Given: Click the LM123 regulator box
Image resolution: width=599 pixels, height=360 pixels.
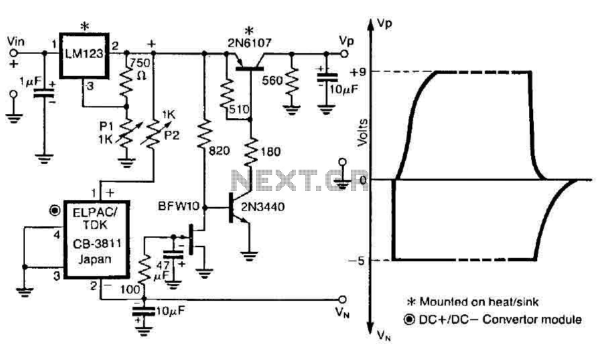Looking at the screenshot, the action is tap(84, 53).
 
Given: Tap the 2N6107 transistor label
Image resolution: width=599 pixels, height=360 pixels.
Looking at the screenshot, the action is tap(250, 43).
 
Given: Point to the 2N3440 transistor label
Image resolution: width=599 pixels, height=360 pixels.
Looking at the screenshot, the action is tap(263, 207).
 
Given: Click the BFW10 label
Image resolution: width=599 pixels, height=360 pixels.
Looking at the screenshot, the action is tap(179, 206).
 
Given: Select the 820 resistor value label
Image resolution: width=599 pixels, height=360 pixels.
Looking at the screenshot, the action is tap(220, 151).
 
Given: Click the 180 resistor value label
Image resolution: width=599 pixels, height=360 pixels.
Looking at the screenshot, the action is tap(271, 152).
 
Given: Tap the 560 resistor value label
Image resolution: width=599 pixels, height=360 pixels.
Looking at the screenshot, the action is tap(273, 80).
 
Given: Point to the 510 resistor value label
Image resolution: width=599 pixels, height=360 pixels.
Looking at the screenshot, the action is tap(239, 109).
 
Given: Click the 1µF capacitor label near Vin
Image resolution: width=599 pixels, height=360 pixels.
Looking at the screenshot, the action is tap(30, 81).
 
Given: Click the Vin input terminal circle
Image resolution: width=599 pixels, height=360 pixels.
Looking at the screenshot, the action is tap(13, 53).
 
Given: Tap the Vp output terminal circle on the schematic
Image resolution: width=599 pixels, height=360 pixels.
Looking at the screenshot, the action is tap(344, 54).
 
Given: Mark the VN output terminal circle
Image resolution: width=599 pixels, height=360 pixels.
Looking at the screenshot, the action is tap(343, 300).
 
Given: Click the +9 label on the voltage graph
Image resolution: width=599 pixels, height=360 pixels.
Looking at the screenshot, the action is tap(358, 72).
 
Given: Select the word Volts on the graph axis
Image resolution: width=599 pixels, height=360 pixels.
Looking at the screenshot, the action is tap(362, 132).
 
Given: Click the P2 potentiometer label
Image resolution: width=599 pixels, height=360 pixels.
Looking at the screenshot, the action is tap(171, 135).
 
